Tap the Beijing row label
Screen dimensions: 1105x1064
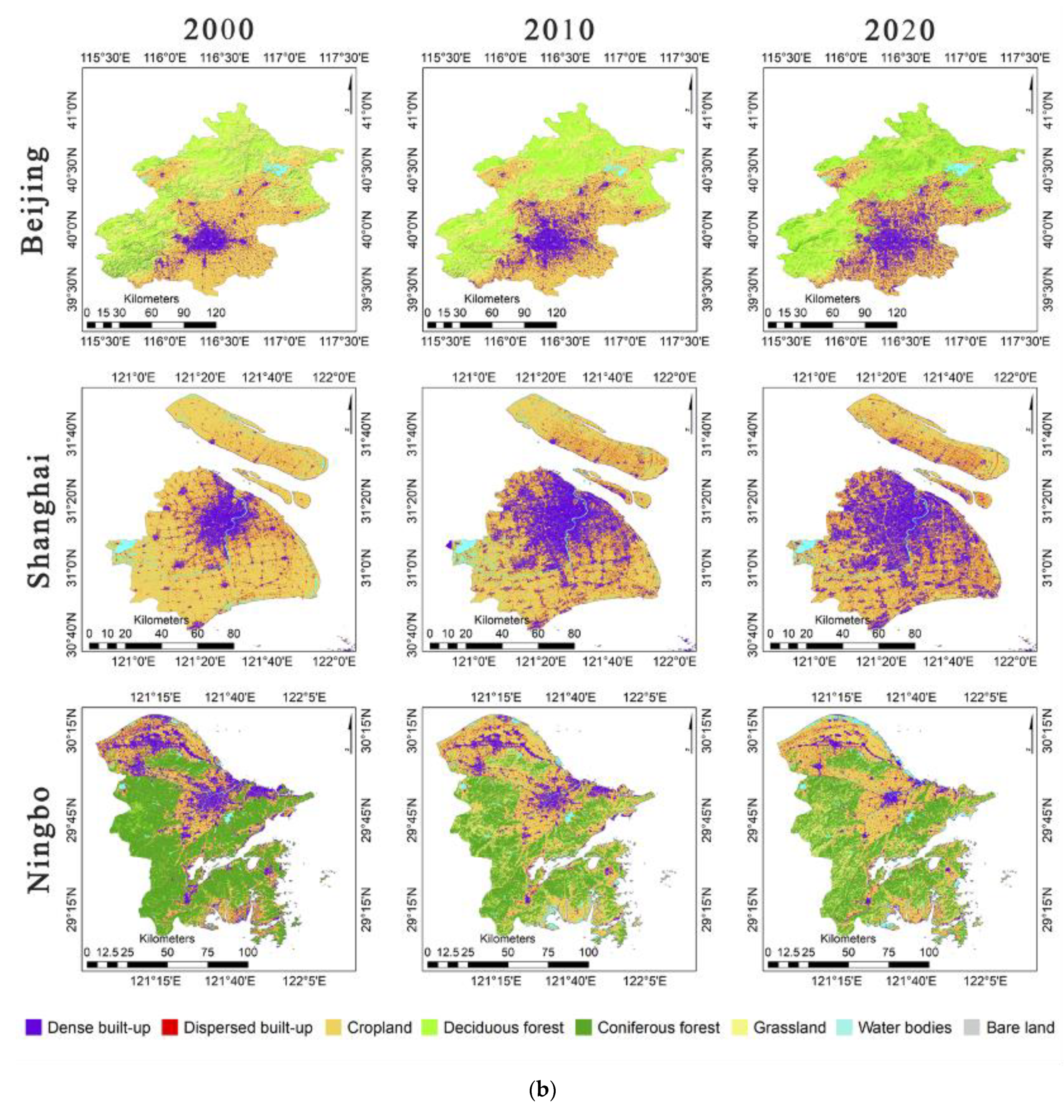(x=34, y=200)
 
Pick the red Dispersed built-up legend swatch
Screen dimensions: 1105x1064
(x=169, y=1027)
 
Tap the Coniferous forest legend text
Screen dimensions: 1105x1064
(x=658, y=1027)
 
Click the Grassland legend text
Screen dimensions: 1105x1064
(x=789, y=1027)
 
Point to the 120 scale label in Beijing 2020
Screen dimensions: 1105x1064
(x=896, y=312)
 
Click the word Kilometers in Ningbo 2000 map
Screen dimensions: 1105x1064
(x=167, y=938)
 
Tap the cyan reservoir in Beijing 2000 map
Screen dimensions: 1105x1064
(x=276, y=169)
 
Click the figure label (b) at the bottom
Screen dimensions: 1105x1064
(x=542, y=1089)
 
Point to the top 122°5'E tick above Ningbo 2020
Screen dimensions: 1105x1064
(x=985, y=697)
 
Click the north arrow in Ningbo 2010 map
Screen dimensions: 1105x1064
(x=690, y=734)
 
